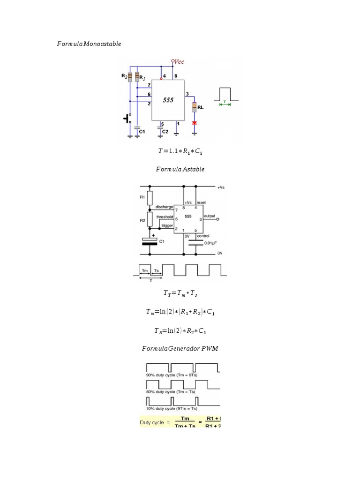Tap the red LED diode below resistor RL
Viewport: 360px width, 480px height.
tap(194, 123)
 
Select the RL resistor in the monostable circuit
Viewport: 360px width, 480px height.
tap(194, 107)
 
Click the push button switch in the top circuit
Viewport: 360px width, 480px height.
tap(127, 118)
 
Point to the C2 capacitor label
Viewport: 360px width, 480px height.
tap(165, 132)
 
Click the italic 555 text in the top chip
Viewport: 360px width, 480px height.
tap(168, 100)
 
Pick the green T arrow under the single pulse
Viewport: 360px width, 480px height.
tap(225, 104)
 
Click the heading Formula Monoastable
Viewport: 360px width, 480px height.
tap(89, 44)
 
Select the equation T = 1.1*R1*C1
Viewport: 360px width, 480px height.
tap(180, 151)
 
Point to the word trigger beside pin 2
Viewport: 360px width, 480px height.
tap(166, 225)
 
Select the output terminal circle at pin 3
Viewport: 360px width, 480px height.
tap(218, 218)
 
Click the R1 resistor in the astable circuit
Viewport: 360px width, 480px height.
tap(150, 197)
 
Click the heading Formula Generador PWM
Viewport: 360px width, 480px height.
tap(180, 348)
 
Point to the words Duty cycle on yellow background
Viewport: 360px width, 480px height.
tap(152, 422)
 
